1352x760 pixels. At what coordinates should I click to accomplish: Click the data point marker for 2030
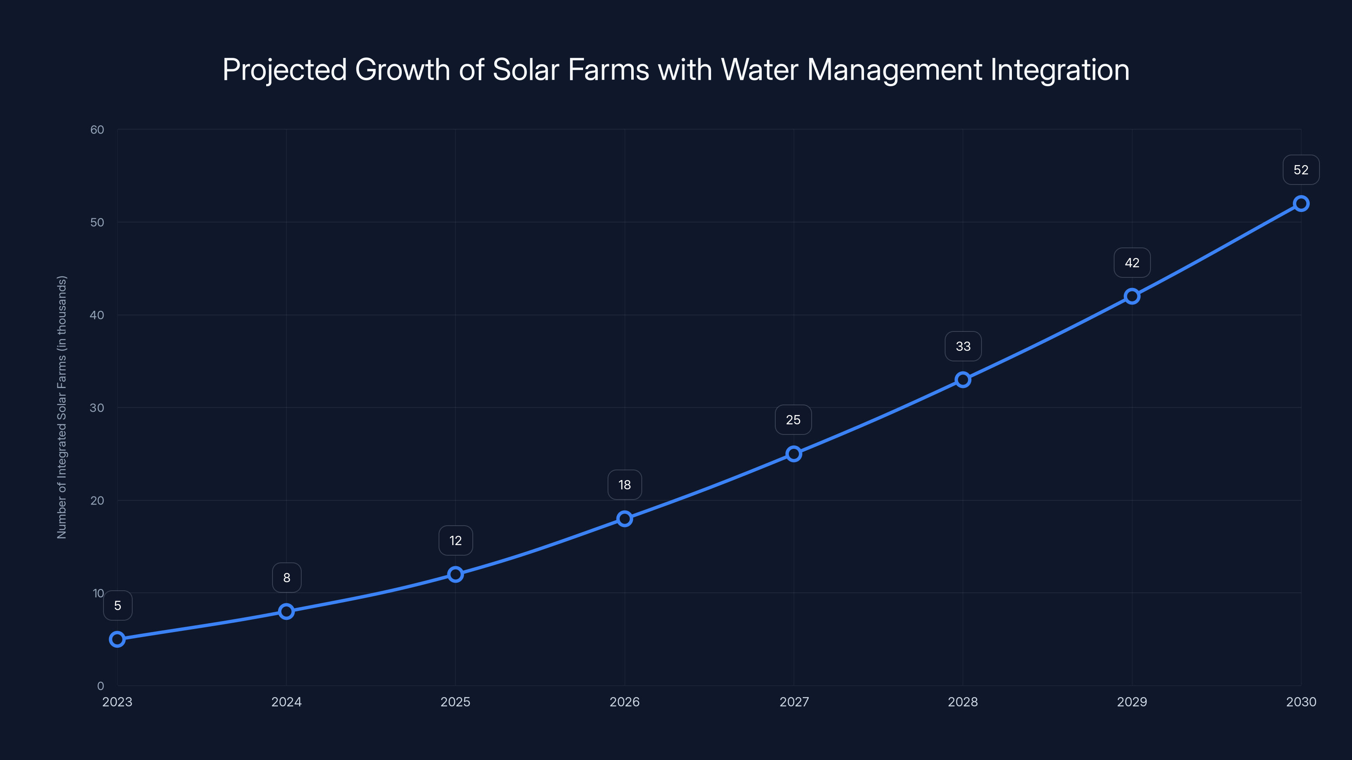point(1300,204)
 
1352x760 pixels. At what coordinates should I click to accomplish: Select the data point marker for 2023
point(117,639)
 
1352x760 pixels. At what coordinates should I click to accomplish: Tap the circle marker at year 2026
point(624,519)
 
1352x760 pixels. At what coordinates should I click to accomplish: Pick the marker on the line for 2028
point(962,380)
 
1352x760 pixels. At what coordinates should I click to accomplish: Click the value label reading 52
point(1300,170)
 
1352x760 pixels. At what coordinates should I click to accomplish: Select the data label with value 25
point(793,420)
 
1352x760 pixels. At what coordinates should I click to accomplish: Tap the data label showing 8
point(286,578)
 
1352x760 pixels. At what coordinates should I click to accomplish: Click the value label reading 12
point(455,540)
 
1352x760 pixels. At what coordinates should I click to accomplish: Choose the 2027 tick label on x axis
point(793,702)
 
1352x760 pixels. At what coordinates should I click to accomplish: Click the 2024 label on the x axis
point(286,702)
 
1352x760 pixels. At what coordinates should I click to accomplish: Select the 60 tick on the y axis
point(97,130)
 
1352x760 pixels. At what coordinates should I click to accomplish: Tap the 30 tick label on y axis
point(97,407)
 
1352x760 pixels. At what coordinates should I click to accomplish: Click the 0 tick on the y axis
point(100,686)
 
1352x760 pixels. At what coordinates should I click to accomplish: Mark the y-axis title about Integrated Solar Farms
point(62,407)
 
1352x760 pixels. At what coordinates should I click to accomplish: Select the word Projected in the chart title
point(284,70)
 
